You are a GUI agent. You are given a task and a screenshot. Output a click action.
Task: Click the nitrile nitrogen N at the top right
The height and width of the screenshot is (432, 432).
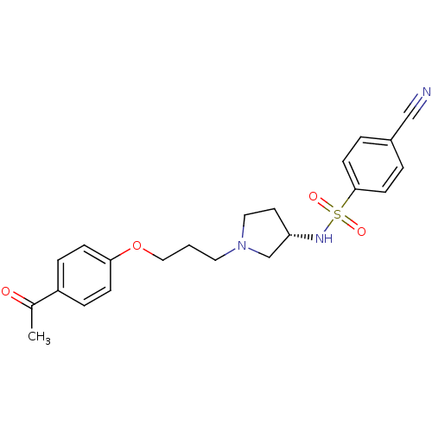[x=426, y=92]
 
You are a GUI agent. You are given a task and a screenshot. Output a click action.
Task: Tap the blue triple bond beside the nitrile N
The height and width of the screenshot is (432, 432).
[x=417, y=103]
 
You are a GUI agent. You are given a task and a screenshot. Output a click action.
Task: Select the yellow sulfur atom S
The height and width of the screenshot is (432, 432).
[x=338, y=214]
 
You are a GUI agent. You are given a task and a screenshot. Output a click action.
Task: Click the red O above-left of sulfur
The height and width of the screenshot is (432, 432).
[x=314, y=197]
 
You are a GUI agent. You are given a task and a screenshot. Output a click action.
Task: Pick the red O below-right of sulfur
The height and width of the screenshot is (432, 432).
[x=361, y=232]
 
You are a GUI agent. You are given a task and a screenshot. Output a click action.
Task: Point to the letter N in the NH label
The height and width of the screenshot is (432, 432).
[x=321, y=238]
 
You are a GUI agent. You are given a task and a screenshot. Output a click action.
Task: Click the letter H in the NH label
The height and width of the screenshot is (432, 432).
[x=329, y=238]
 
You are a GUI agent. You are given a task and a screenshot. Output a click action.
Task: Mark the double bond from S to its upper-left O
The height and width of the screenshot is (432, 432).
[x=326, y=206]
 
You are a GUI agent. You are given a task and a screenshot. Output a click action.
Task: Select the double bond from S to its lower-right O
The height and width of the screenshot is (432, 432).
[x=349, y=223]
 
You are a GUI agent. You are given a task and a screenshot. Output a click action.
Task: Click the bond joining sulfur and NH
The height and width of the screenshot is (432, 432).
[x=331, y=226]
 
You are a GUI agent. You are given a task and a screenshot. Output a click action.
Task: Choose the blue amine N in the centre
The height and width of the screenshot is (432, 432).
[x=242, y=247]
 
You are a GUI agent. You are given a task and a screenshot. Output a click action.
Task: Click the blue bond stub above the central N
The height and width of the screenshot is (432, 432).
[x=243, y=233]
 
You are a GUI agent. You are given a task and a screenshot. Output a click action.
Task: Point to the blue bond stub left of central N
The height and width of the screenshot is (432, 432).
[x=230, y=252]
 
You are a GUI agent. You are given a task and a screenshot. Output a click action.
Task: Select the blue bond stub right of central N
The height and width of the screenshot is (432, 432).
[x=254, y=252]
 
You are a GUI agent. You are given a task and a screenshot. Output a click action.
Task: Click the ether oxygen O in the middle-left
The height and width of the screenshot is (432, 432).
[x=137, y=246]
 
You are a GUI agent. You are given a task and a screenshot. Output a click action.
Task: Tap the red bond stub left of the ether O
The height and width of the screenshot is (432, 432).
[x=125, y=251]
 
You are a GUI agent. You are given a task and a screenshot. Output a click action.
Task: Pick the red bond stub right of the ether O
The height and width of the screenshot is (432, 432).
[x=148, y=252]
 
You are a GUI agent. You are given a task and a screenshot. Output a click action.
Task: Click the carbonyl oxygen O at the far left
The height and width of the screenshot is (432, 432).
[x=6, y=292]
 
